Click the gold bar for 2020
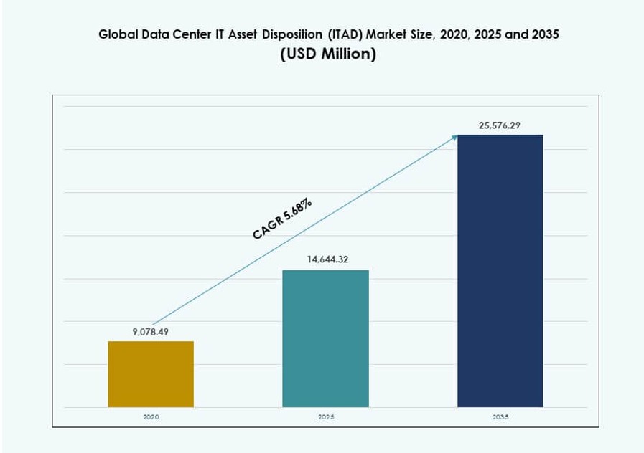151,374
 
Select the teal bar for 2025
325,338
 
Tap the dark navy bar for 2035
500,271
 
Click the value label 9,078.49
151,331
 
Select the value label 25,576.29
500,125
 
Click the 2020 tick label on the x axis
151,416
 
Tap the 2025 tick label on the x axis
325,416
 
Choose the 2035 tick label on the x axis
500,416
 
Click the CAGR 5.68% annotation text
282,219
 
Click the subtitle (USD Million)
327,54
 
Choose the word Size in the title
424,34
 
